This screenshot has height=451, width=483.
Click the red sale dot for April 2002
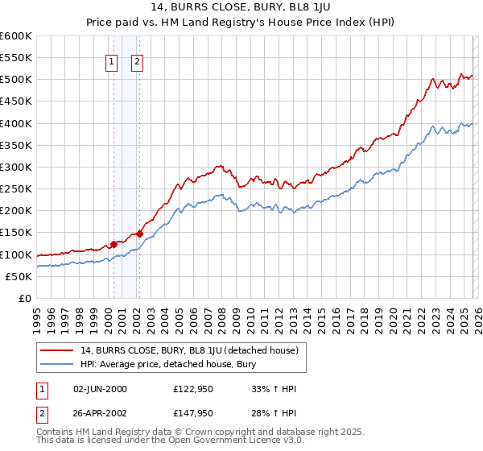coord(140,234)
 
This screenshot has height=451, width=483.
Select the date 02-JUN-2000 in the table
coord(99,389)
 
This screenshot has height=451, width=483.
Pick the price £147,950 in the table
coord(192,414)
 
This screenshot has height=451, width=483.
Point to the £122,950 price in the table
coord(192,389)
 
